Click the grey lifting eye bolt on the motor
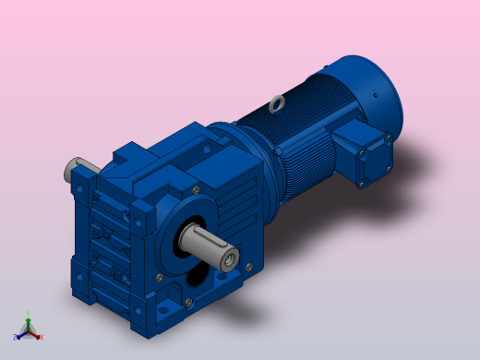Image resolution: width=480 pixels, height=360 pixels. [x=277, y=105]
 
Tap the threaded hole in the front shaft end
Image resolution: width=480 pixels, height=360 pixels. [x=228, y=261]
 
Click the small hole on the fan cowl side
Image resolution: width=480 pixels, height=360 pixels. [x=377, y=95]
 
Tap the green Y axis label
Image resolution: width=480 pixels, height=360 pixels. [x=28, y=314]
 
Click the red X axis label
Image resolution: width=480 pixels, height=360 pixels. [x=42, y=337]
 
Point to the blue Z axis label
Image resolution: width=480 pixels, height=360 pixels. [x=15, y=338]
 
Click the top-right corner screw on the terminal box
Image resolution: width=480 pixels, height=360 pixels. [x=390, y=137]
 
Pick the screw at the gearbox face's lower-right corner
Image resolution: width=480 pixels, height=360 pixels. [x=248, y=268]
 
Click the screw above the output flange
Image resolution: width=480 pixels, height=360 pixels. [x=195, y=190]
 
